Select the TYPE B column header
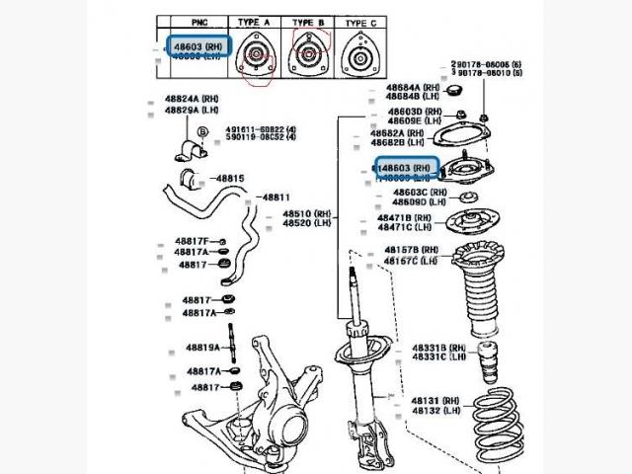308,22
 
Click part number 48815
230,178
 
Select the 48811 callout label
276,197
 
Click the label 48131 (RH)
435,400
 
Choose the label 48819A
203,348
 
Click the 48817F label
193,242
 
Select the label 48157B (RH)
415,251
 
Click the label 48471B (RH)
407,217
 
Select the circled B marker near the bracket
202,131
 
